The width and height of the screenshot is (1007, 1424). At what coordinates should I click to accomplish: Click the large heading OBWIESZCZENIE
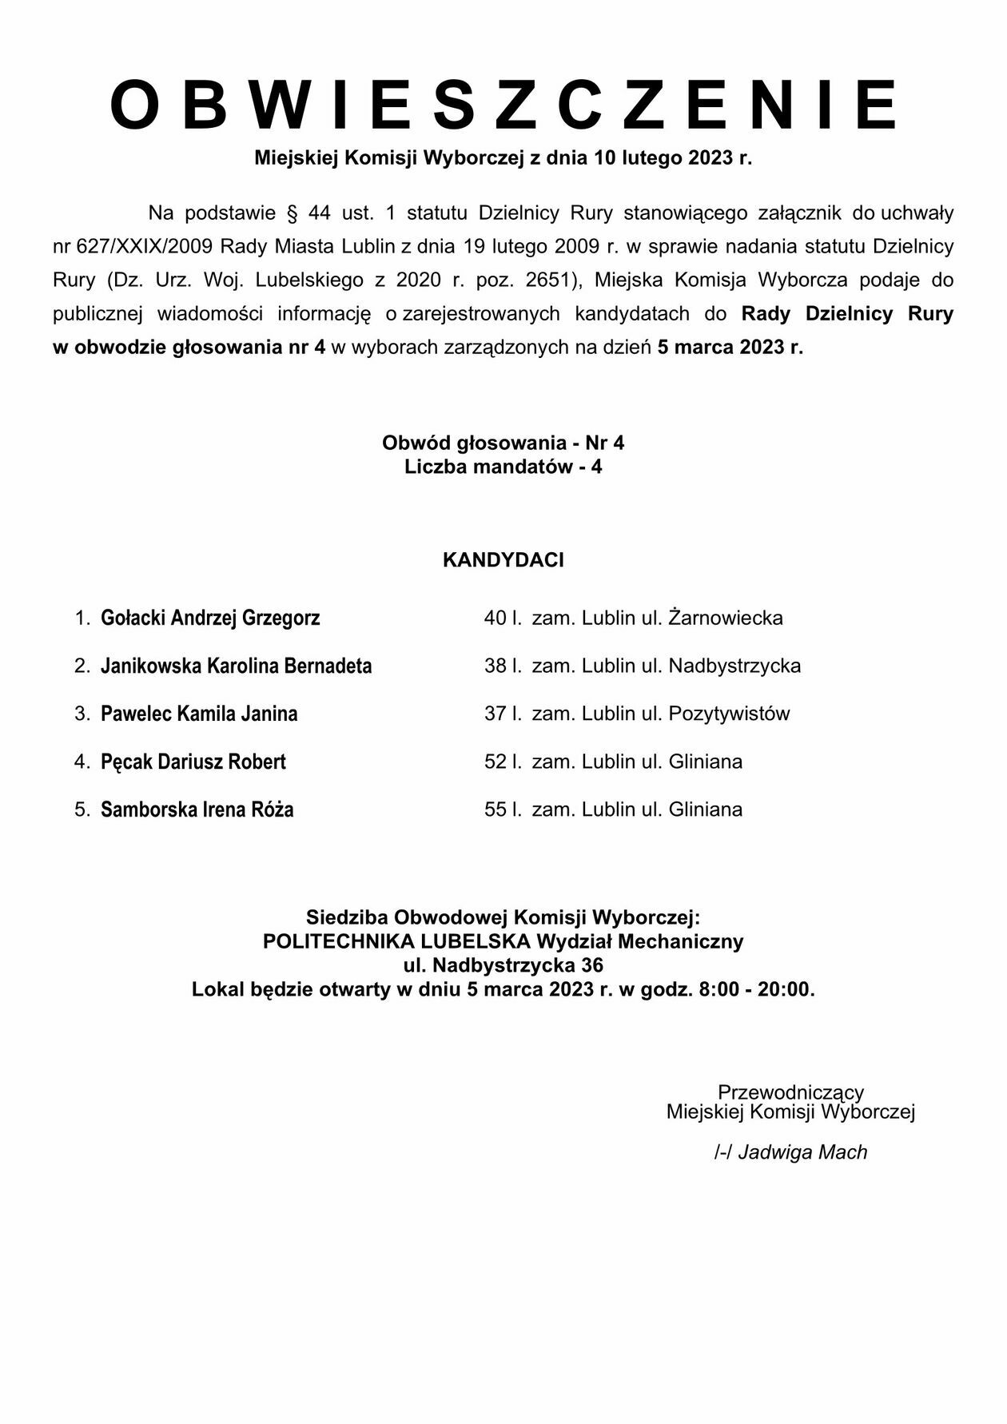click(x=504, y=105)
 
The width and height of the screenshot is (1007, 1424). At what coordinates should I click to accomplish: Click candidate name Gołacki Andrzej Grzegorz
click(x=210, y=618)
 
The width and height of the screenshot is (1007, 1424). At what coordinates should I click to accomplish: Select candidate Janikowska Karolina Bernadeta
click(x=236, y=666)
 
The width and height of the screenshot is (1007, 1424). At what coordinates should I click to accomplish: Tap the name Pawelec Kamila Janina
click(x=199, y=714)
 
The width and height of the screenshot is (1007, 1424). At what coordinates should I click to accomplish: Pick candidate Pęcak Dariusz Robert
click(x=193, y=762)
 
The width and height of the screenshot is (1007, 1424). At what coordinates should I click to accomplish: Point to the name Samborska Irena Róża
click(x=197, y=809)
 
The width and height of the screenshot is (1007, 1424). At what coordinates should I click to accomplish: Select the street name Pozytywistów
click(x=729, y=714)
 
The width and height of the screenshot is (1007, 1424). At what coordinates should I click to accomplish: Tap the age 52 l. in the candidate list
click(x=503, y=762)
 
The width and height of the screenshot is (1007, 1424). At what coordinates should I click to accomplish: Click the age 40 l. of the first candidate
click(x=503, y=618)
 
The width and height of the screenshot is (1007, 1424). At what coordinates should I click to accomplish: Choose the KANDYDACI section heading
click(x=504, y=560)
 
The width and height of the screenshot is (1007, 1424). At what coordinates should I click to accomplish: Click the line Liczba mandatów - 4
click(x=504, y=467)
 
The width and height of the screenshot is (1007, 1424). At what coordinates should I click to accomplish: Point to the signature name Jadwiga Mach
click(x=802, y=1152)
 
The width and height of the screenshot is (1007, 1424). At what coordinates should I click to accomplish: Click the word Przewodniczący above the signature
click(x=790, y=1092)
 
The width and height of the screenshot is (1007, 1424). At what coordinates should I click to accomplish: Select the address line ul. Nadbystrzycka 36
click(x=504, y=965)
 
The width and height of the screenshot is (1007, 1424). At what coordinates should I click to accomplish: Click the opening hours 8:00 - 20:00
click(x=756, y=989)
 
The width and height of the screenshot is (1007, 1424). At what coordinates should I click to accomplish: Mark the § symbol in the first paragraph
click(x=292, y=213)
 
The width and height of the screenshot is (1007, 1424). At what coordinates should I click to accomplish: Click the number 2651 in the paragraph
click(x=547, y=280)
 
